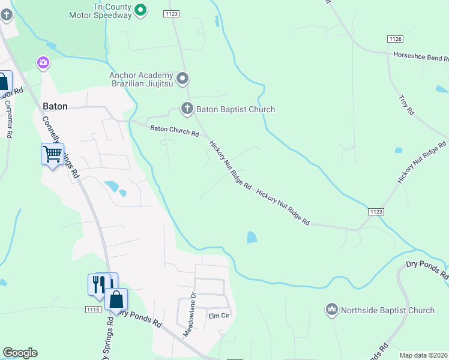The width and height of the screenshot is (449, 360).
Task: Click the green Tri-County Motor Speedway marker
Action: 140,10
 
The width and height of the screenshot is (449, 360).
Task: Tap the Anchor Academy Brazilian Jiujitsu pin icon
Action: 183,79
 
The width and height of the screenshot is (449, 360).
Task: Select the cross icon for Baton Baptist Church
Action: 187,109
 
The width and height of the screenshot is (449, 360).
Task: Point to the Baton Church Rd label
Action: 174,130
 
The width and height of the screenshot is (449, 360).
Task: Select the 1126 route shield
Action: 394,38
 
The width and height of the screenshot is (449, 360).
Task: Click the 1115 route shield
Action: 92,309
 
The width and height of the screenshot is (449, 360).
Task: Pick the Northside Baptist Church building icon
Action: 331,310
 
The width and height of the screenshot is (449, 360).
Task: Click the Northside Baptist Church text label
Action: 387,310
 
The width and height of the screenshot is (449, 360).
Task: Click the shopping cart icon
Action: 52,154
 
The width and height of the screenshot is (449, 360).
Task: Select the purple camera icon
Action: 43,62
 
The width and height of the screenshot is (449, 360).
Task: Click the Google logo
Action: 20,353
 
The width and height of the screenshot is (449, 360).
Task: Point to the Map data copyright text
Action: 423,355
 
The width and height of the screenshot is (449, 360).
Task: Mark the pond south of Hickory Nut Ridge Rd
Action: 252,238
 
